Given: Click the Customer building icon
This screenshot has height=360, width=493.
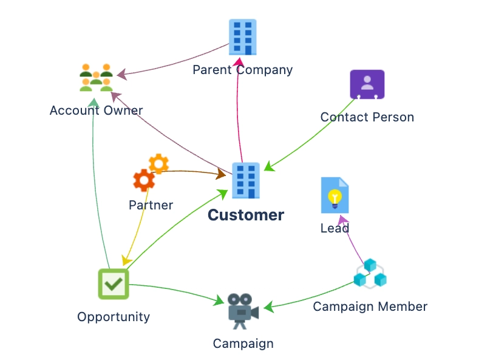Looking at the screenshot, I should [246, 180].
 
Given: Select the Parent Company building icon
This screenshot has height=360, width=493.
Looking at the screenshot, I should [242, 37].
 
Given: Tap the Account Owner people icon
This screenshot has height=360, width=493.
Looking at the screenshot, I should [97, 77].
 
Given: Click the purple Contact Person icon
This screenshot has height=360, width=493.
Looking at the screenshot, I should [367, 84].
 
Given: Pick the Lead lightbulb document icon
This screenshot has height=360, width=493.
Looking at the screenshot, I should [335, 195].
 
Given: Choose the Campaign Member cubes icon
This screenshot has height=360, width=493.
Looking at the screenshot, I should [370, 274].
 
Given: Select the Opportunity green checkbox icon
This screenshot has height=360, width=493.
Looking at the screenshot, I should [114, 284].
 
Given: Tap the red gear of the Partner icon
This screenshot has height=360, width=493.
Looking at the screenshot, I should [144, 180].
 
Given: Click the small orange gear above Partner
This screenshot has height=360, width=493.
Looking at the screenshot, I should [158, 163].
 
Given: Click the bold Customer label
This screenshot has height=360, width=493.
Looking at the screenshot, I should [246, 216].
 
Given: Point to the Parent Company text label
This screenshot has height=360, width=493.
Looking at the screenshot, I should [242, 70].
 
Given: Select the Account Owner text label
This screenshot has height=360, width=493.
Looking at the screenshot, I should [96, 110].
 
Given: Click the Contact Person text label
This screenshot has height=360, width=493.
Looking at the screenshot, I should [367, 117].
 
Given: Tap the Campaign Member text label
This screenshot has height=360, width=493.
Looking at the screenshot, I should [370, 307].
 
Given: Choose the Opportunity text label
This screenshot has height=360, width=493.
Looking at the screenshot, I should [114, 317].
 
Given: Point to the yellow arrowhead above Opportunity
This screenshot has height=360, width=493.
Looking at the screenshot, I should [126, 260].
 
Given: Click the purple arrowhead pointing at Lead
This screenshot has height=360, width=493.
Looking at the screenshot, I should [343, 220].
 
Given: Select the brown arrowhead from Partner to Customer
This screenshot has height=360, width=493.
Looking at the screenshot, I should [220, 175].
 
